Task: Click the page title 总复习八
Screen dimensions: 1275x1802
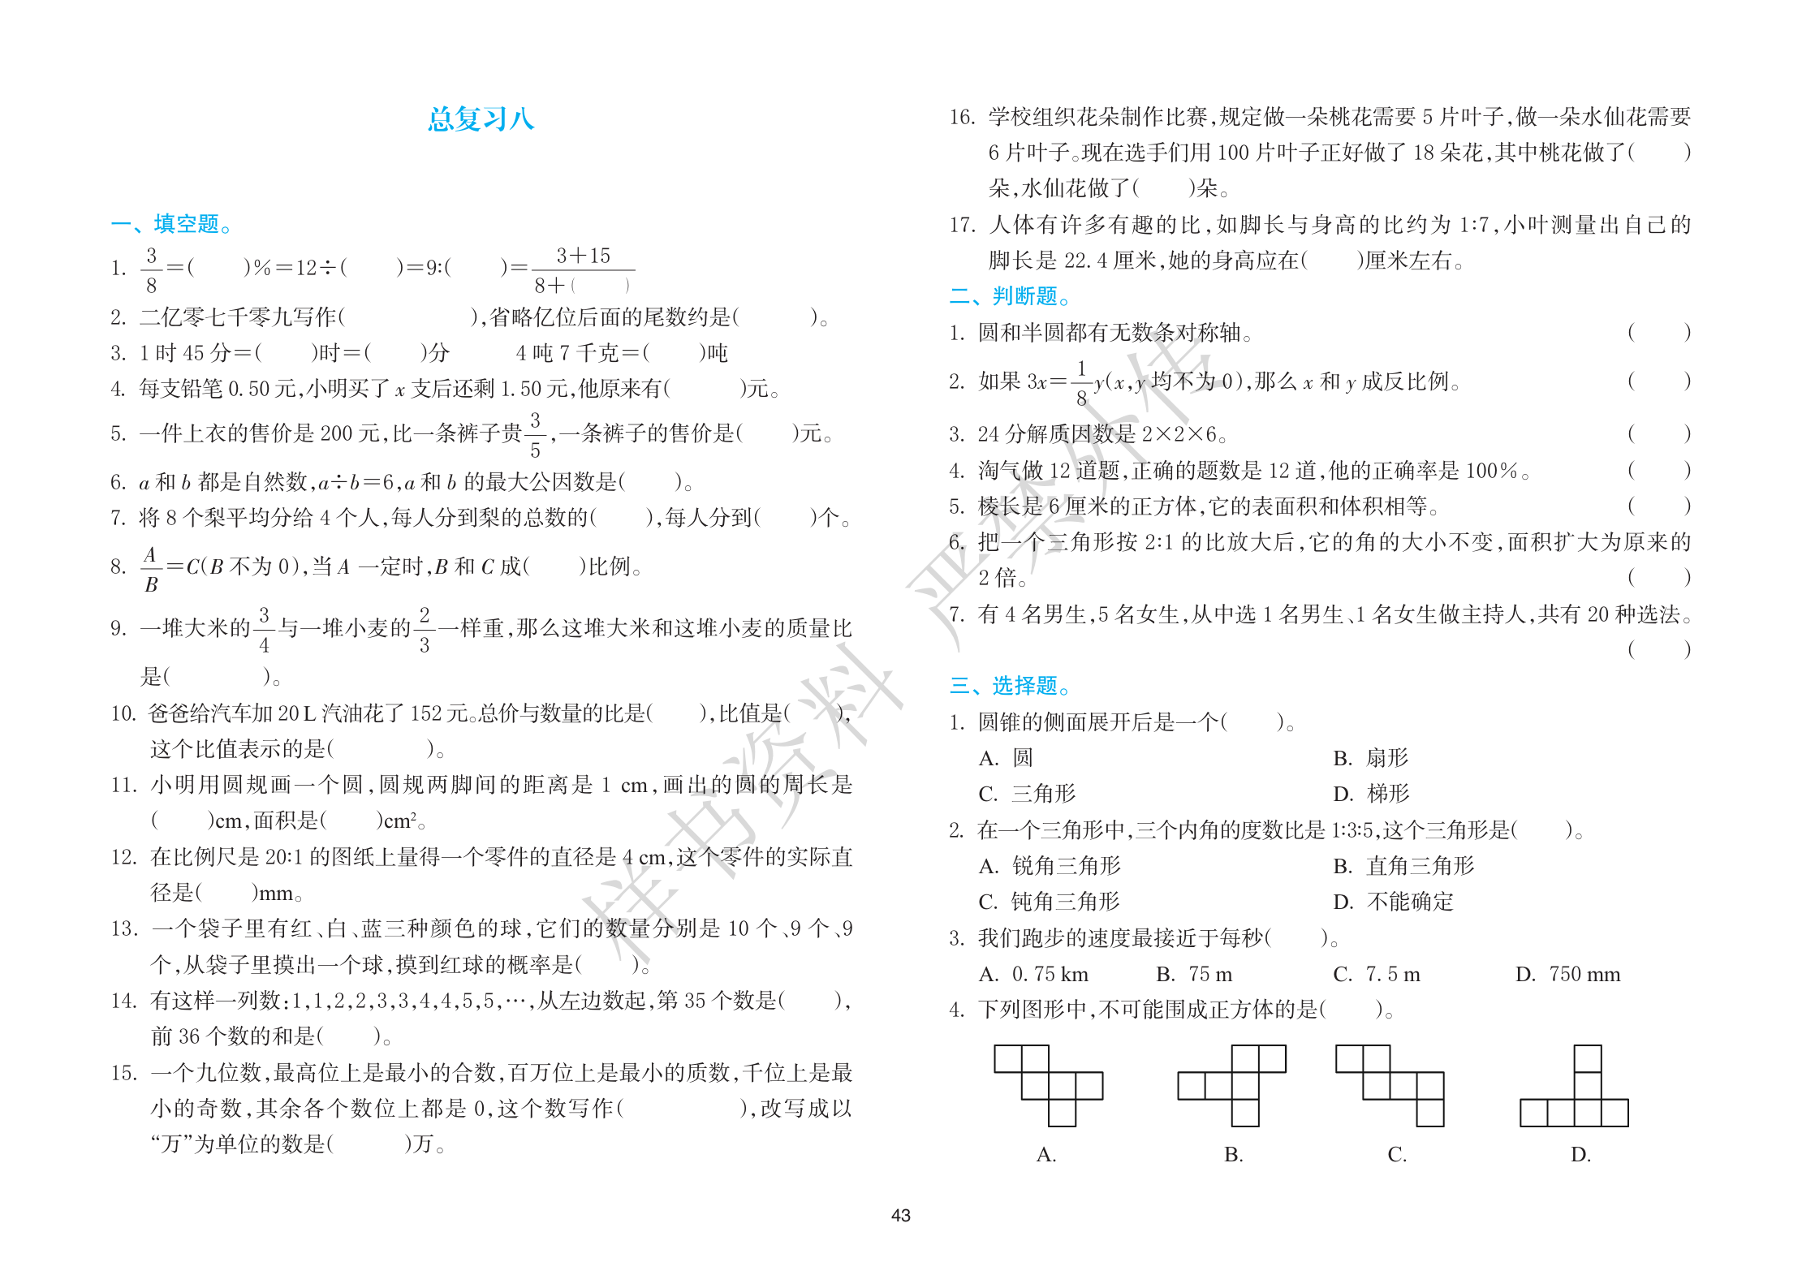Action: click(481, 119)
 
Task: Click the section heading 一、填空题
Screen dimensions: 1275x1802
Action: click(170, 223)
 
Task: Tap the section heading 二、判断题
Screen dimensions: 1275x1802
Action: click(1009, 295)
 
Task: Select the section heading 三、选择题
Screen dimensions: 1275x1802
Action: click(1009, 686)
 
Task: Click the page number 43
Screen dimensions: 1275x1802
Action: click(900, 1215)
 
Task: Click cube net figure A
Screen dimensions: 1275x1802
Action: click(1048, 1085)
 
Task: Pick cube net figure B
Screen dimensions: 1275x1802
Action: click(1232, 1085)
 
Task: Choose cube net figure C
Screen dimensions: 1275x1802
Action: click(1390, 1085)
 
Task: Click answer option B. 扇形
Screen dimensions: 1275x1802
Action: click(1370, 758)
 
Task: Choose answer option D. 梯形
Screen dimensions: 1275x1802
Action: click(1370, 793)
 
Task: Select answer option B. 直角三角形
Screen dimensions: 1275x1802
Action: click(1403, 866)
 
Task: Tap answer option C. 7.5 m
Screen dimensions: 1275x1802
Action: click(1377, 974)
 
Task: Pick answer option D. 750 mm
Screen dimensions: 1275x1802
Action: click(1567, 974)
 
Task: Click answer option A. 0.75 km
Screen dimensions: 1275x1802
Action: click(1033, 974)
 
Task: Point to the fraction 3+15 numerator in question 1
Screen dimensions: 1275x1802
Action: click(583, 256)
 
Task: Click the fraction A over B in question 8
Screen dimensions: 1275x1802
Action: click(151, 569)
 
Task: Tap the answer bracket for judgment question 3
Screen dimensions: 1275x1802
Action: click(1658, 433)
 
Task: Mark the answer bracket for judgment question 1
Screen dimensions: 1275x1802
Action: click(1658, 332)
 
